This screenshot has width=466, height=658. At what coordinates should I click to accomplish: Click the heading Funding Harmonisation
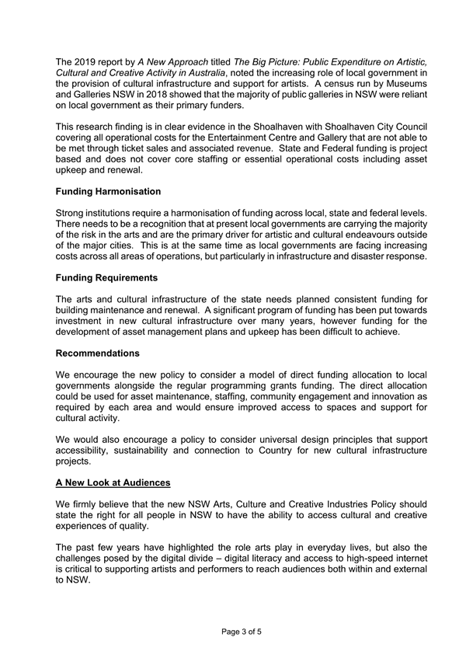click(109, 191)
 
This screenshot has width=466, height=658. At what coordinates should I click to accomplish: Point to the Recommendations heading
click(98, 353)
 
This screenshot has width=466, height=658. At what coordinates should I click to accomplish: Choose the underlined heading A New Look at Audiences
click(113, 482)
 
